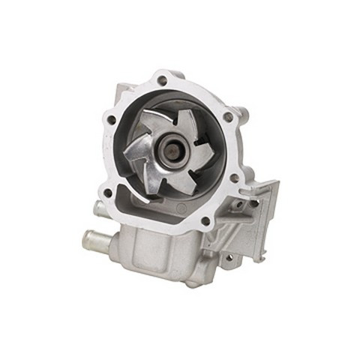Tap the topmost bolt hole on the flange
pos(160,79)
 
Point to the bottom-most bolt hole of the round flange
pos(204,220)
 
